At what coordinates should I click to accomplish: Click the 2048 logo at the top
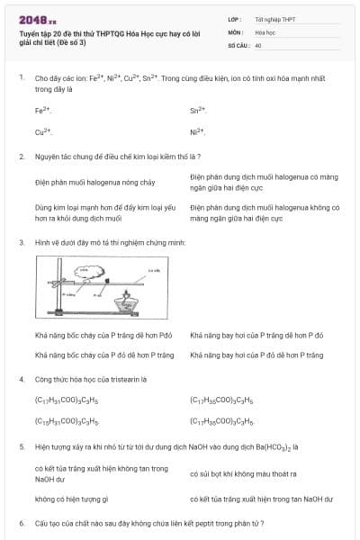coord(37,18)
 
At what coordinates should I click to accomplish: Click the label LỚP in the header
coord(236,18)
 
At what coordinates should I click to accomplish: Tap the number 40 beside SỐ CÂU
coord(258,44)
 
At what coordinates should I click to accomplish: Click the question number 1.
coord(21,78)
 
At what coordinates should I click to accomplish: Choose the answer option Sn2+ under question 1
coord(198,111)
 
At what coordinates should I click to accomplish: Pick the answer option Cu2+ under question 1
coord(43,132)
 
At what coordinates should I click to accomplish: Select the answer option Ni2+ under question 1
coord(198,132)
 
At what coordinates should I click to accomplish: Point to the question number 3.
coord(21,243)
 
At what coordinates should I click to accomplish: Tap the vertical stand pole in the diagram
coord(47,292)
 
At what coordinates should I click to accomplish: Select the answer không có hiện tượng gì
coord(72,499)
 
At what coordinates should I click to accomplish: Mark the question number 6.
coord(21,523)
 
